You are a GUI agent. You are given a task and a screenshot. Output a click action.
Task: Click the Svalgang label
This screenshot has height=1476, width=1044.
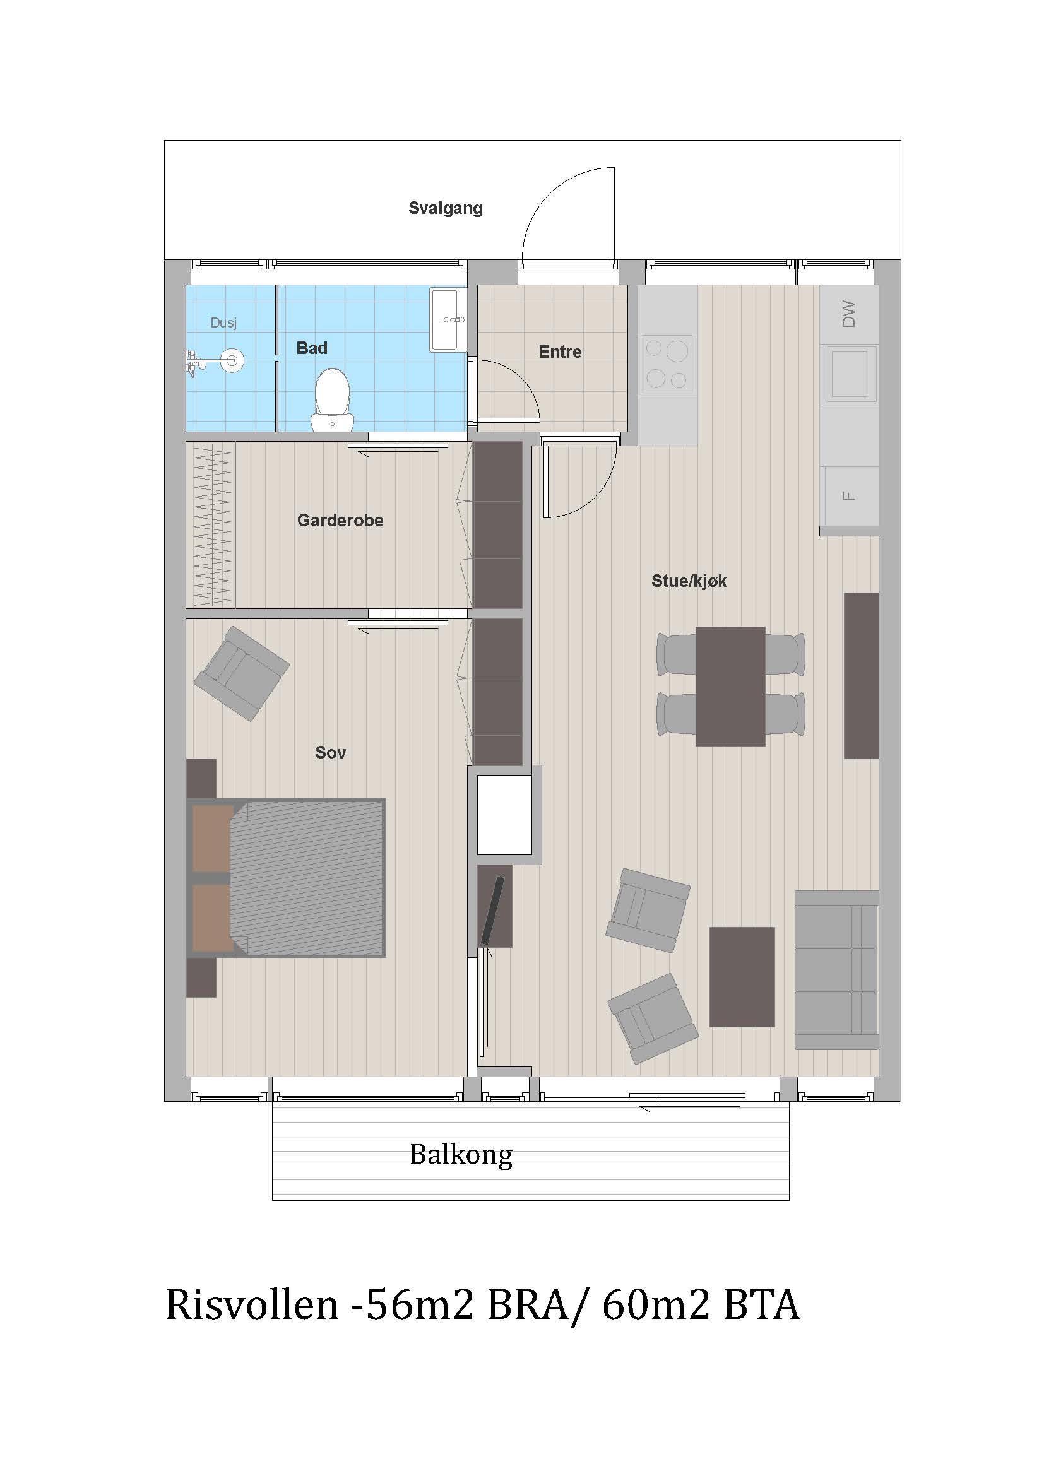pos(446,208)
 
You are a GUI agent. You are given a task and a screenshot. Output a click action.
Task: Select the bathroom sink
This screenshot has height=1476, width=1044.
pos(448,319)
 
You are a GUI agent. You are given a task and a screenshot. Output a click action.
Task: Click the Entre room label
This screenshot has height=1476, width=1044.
pos(560,351)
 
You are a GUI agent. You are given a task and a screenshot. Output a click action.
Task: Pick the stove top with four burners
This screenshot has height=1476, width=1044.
pos(667,364)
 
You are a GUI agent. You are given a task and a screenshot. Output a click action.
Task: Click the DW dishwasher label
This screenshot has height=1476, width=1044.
pos(848,314)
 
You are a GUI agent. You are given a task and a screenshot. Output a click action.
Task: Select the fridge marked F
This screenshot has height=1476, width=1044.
pos(849,495)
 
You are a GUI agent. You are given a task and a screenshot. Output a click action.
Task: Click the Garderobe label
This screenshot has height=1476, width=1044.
pos(340,520)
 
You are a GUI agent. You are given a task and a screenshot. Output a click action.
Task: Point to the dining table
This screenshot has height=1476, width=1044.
pos(730,686)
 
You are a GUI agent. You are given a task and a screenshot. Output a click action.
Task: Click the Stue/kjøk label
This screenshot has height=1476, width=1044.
pos(689,581)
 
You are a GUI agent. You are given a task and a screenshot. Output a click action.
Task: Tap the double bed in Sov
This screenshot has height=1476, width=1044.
pos(287,878)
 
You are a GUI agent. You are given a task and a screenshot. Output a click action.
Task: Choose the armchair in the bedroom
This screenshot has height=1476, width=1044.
pos(241,674)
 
